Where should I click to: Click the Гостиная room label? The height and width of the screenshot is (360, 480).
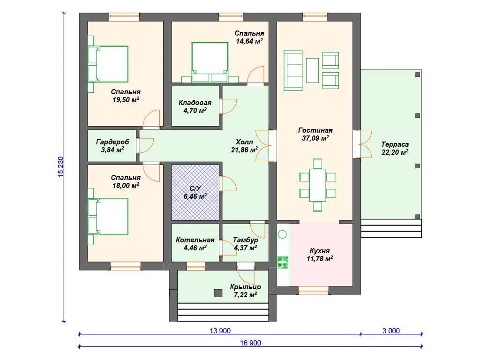coord(315,130)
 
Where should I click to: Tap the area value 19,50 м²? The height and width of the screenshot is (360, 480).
coord(126,100)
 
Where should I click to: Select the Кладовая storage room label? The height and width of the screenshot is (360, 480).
coord(195,103)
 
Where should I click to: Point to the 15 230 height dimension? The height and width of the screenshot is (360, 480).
coord(60,167)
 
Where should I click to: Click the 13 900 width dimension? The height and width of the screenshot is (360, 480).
coord(220,331)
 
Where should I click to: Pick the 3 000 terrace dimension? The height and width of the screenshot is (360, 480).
coord(391,331)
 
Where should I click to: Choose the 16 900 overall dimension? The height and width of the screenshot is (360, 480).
coord(250,343)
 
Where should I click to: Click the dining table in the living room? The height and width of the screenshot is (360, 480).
coord(318,185)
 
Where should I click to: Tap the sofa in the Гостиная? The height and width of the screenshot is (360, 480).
coord(293,70)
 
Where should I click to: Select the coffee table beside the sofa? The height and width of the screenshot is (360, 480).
coord(312,70)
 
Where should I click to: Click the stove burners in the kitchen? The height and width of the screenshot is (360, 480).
coord(283,262)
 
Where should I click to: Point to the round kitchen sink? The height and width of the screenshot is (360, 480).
coord(283,234)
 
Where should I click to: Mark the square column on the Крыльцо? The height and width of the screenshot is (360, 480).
coord(218,293)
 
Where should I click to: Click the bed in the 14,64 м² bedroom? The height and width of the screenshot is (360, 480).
coord(210,62)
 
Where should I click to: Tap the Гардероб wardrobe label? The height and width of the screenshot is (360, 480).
coord(112,142)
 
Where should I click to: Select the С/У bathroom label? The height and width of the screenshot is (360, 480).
coord(195,188)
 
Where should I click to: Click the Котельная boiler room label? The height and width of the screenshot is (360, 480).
coord(195,240)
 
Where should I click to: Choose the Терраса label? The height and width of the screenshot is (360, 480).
coord(395,144)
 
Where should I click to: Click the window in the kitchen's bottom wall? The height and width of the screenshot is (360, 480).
coord(314,290)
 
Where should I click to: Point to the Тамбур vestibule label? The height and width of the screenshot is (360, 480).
coord(246,240)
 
